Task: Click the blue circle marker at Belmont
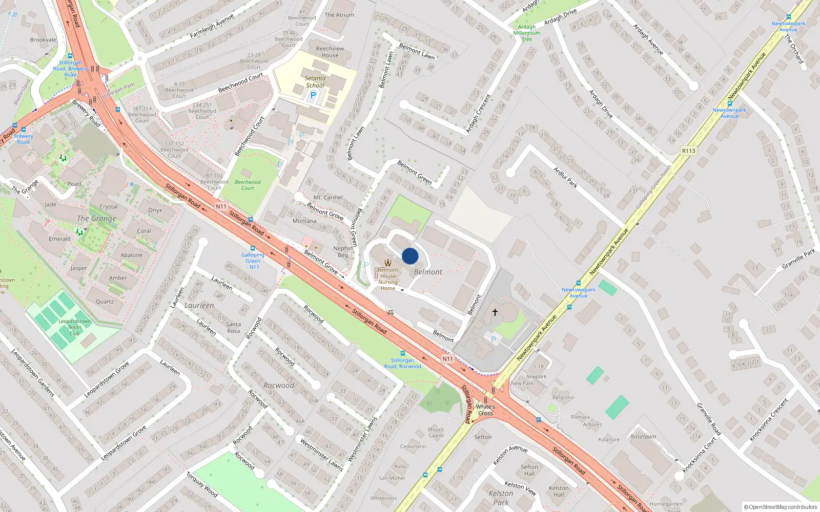click(x=410, y=256)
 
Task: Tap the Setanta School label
click(x=315, y=82)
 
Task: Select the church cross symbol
click(x=495, y=312)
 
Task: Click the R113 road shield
click(x=689, y=151)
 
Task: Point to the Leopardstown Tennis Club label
click(x=75, y=327)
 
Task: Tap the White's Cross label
click(x=485, y=410)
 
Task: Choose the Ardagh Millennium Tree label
click(x=527, y=33)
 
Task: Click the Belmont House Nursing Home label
click(x=388, y=279)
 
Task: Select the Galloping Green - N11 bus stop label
click(x=253, y=261)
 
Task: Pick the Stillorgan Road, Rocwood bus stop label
click(x=402, y=364)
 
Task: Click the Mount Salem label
click(x=436, y=433)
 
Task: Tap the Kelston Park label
click(x=501, y=498)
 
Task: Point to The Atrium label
click(x=339, y=15)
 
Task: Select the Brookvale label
click(x=43, y=39)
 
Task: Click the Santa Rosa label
click(x=233, y=327)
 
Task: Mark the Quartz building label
click(x=105, y=302)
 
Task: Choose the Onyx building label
click(x=155, y=210)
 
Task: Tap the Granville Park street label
click(x=798, y=259)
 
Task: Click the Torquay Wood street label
click(x=202, y=484)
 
